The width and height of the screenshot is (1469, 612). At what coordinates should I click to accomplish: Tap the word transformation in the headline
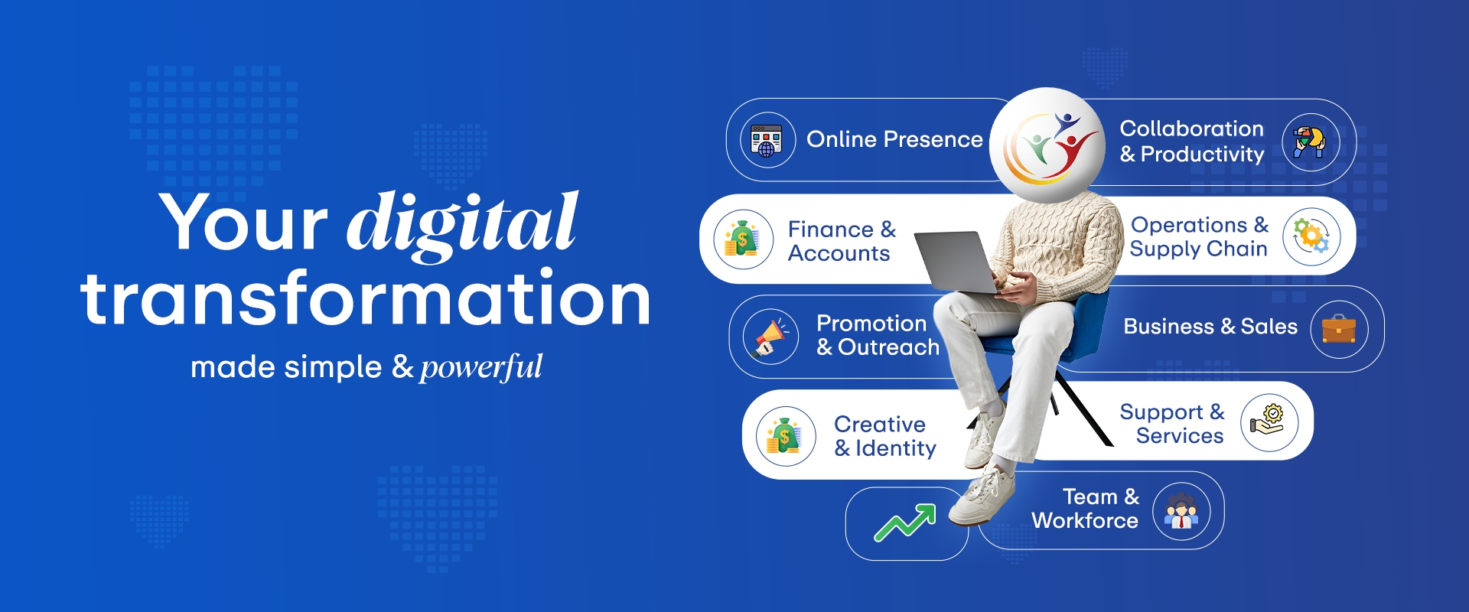click(x=366, y=298)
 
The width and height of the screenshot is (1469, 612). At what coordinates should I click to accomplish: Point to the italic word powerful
click(x=481, y=367)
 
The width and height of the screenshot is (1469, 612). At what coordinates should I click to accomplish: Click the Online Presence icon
click(x=767, y=140)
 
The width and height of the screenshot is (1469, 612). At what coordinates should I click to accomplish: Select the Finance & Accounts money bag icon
click(x=742, y=239)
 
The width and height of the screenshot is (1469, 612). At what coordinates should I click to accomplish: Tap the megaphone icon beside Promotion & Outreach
click(x=770, y=337)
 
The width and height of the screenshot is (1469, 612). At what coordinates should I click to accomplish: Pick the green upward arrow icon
click(x=906, y=522)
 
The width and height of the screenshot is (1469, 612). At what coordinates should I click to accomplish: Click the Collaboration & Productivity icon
click(x=1310, y=142)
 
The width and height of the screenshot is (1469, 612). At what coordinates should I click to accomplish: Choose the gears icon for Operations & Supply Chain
click(x=1311, y=236)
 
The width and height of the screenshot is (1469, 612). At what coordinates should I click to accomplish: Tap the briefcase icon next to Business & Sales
click(x=1339, y=329)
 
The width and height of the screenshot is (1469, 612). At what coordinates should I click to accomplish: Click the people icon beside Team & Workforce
click(x=1181, y=511)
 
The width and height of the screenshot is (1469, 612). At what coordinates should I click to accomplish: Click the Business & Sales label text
click(x=1210, y=327)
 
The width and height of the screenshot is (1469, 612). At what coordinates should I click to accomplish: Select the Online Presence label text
click(x=894, y=139)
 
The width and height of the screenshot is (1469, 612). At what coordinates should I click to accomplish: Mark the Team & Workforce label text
click(x=1086, y=509)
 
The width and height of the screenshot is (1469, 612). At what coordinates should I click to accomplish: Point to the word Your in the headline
click(x=243, y=223)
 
